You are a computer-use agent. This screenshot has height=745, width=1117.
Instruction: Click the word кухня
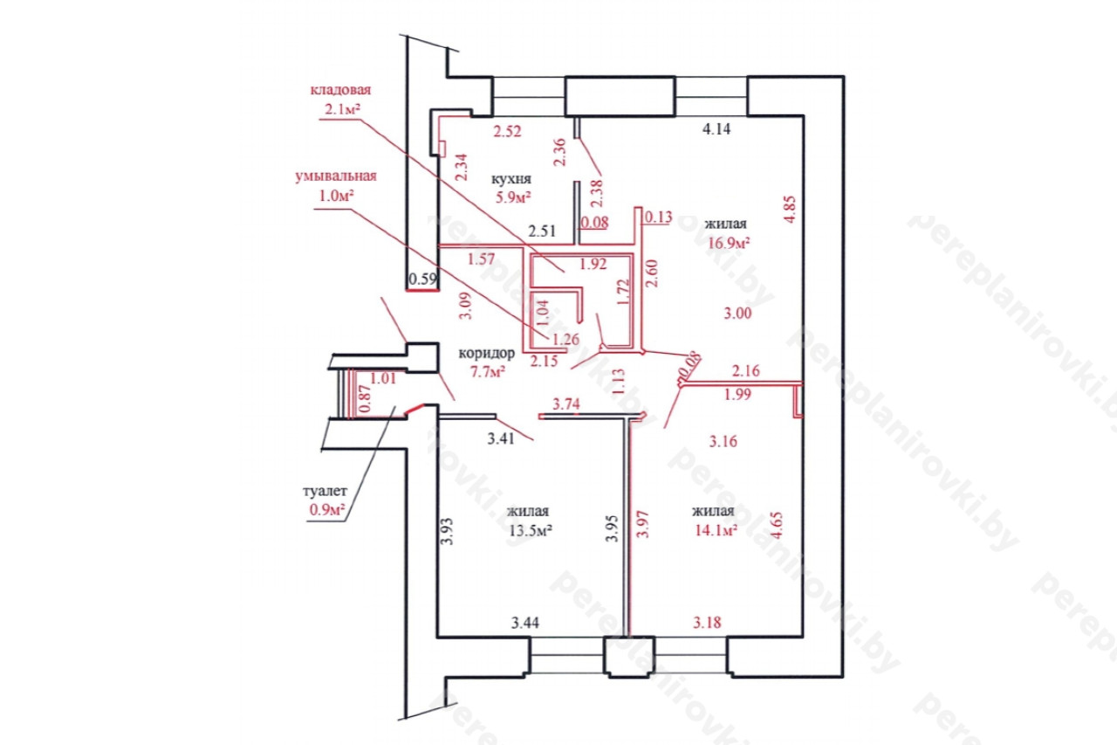pos(511,179)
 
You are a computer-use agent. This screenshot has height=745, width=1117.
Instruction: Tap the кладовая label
pos(340,90)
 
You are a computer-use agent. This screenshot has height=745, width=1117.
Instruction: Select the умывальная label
pos(336,176)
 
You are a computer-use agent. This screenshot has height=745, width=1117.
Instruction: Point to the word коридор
pos(486,354)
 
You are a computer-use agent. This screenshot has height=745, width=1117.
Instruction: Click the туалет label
pos(325,491)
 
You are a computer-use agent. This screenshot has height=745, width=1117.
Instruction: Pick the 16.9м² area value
pos(730,243)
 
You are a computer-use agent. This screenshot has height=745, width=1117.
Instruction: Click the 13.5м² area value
pos(530,530)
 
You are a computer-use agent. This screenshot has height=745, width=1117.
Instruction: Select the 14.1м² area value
pos(716,530)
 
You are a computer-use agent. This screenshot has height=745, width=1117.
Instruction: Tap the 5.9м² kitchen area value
pos(512,197)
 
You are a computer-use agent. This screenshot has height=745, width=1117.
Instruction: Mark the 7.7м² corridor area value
pos(488,372)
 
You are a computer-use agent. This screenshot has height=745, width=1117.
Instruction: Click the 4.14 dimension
pos(716,129)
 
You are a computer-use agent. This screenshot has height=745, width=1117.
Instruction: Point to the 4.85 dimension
pos(790,210)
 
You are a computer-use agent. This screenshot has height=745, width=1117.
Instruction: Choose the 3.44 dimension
pos(525,623)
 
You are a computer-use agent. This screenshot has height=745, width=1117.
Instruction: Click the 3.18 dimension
pos(707,623)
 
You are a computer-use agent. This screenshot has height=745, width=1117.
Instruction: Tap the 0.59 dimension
pos(423,279)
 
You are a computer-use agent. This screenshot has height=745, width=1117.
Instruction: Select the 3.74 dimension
pos(566,404)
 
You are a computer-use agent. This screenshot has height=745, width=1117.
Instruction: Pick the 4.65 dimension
pos(777,524)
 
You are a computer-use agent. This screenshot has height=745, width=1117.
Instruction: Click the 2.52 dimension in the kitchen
pos(507,131)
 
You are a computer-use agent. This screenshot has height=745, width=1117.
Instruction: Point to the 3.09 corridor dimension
pos(465,306)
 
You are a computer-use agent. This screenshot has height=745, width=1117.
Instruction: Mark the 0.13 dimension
pos(659,217)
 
